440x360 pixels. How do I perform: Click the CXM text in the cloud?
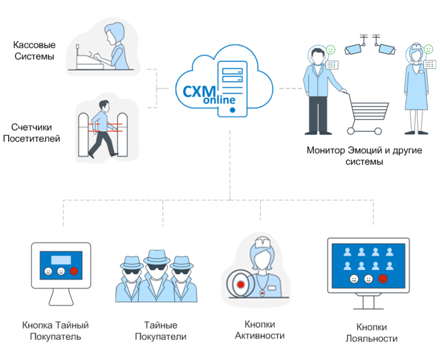point(199,91)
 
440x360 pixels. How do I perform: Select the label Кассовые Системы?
point(34,50)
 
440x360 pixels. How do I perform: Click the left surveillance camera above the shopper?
point(354,49)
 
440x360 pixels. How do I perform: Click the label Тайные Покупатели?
point(160,331)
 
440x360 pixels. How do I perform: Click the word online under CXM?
point(220,101)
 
